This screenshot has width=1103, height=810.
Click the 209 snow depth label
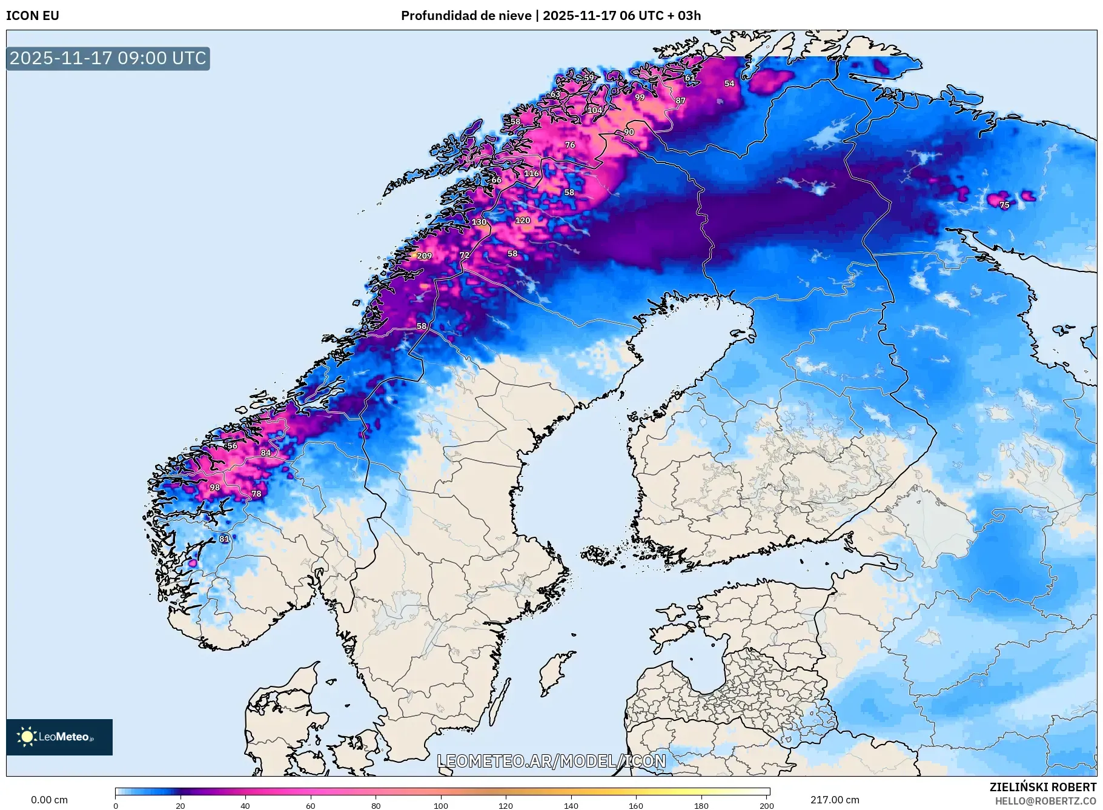[424, 256]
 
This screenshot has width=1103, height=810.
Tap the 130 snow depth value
[479, 222]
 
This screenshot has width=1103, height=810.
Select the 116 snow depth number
[531, 173]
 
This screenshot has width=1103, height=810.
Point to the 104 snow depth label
[595, 110]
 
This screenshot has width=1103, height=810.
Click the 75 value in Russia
[1004, 205]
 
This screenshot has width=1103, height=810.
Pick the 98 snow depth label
[214, 487]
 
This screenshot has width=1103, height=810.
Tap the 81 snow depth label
[224, 539]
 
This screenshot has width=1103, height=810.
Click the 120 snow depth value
[523, 221]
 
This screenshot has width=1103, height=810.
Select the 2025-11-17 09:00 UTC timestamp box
[108, 58]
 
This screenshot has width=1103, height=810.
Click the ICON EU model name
[33, 16]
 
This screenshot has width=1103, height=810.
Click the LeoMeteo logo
[59, 737]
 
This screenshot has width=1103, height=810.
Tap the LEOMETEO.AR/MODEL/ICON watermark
[551, 761]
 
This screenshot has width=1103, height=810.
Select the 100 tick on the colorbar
[441, 805]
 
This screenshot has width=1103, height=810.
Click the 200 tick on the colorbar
[766, 805]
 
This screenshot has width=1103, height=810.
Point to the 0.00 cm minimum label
[50, 800]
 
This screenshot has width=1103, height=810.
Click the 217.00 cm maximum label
[835, 800]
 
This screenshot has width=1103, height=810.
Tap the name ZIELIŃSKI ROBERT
[1042, 787]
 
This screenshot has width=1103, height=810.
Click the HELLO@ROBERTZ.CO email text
[1045, 801]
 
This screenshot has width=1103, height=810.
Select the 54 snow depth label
[729, 84]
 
